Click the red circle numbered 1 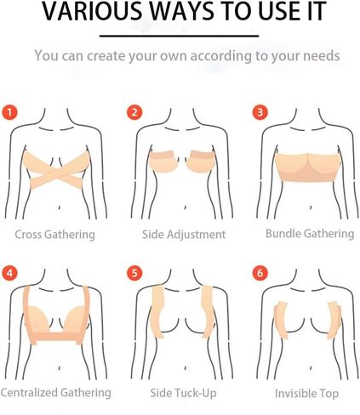click(9, 112)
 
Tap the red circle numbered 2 click(134, 112)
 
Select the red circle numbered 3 click(260, 112)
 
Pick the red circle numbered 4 click(9, 273)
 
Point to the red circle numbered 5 click(134, 273)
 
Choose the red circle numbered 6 click(260, 273)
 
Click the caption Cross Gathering click(54, 235)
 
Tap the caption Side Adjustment click(184, 235)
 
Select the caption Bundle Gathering click(310, 234)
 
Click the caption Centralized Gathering click(55, 393)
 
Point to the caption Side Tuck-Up click(183, 393)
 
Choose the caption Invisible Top click(306, 394)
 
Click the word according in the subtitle click(220, 56)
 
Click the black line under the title click(179, 36)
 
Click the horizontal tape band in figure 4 click(57, 336)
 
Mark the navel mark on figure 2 click(185, 207)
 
